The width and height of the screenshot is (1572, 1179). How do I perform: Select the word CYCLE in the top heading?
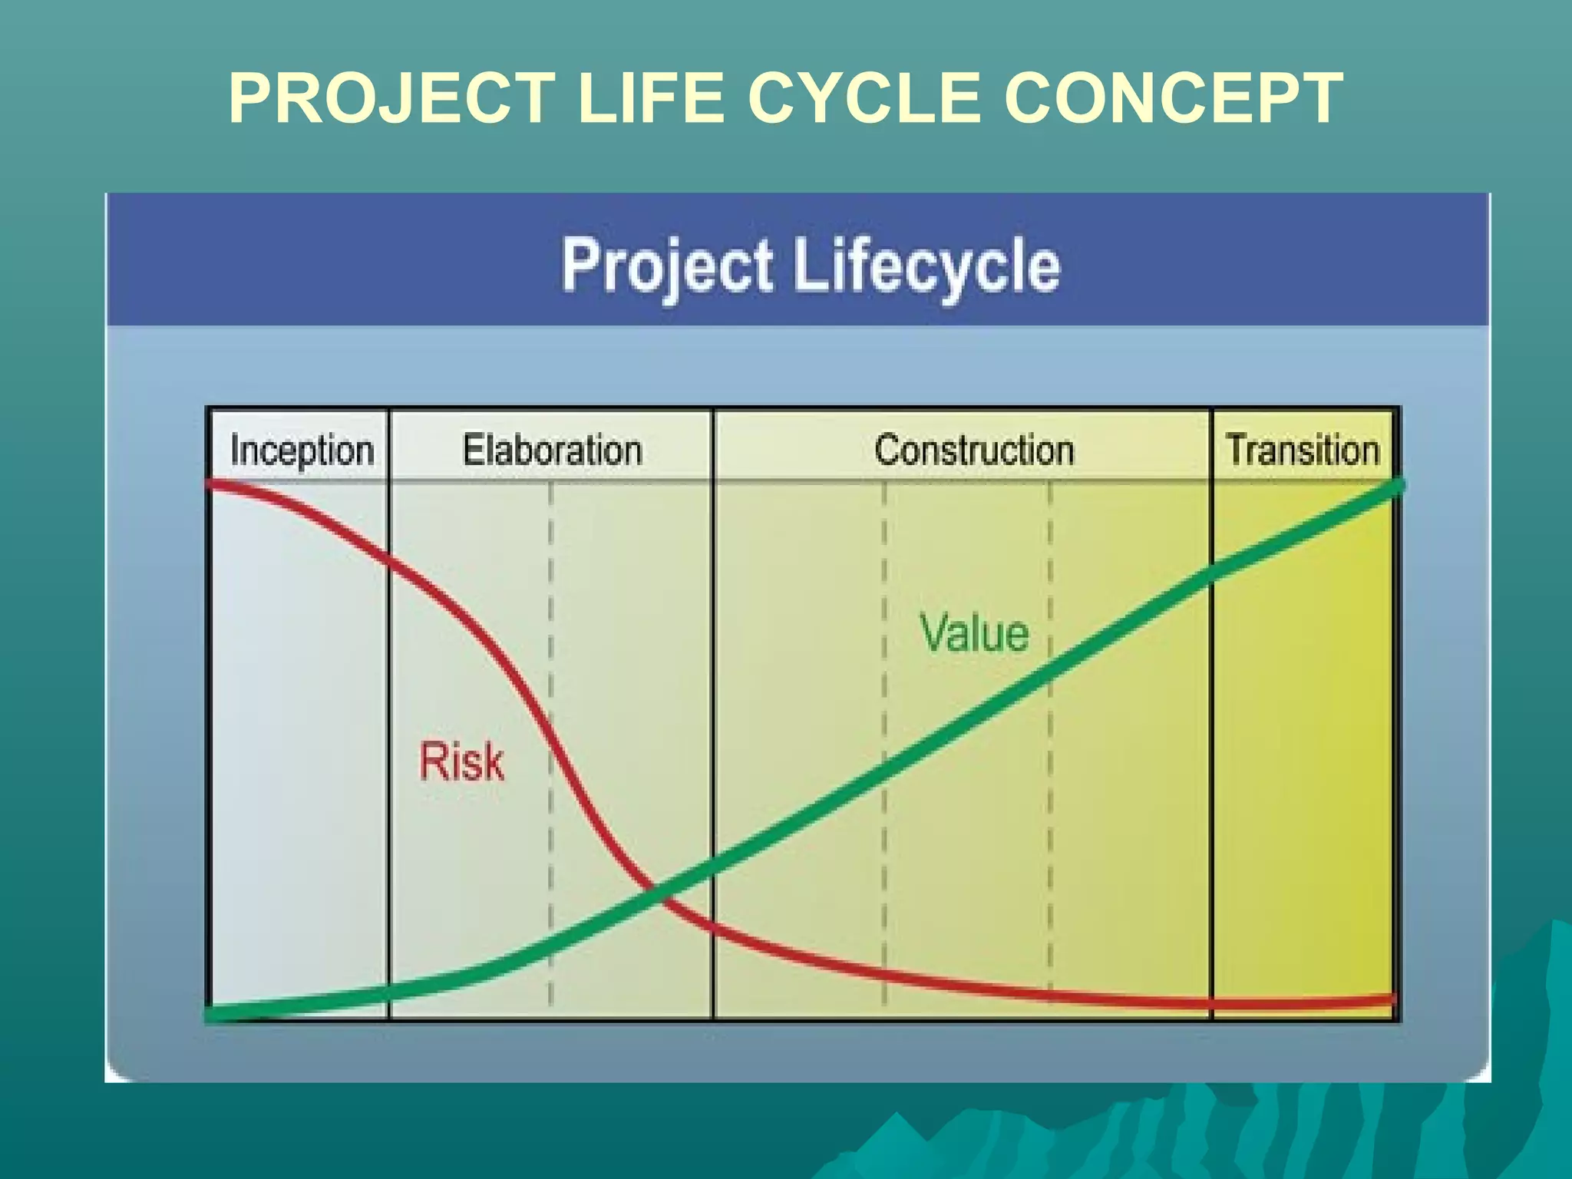864,98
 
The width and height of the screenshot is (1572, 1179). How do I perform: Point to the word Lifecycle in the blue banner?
926,266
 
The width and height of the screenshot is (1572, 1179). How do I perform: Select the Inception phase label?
302,449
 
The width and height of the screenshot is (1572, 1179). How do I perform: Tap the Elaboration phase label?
552,449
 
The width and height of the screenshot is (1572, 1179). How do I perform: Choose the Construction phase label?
973,449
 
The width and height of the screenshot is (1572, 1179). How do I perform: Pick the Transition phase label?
1303,449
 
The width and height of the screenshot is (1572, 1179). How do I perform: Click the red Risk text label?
461,761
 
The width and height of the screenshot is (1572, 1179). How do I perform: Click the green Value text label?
973,633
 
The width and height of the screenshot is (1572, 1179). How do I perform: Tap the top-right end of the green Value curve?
1397,486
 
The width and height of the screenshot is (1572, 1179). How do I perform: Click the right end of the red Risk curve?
1391,999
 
